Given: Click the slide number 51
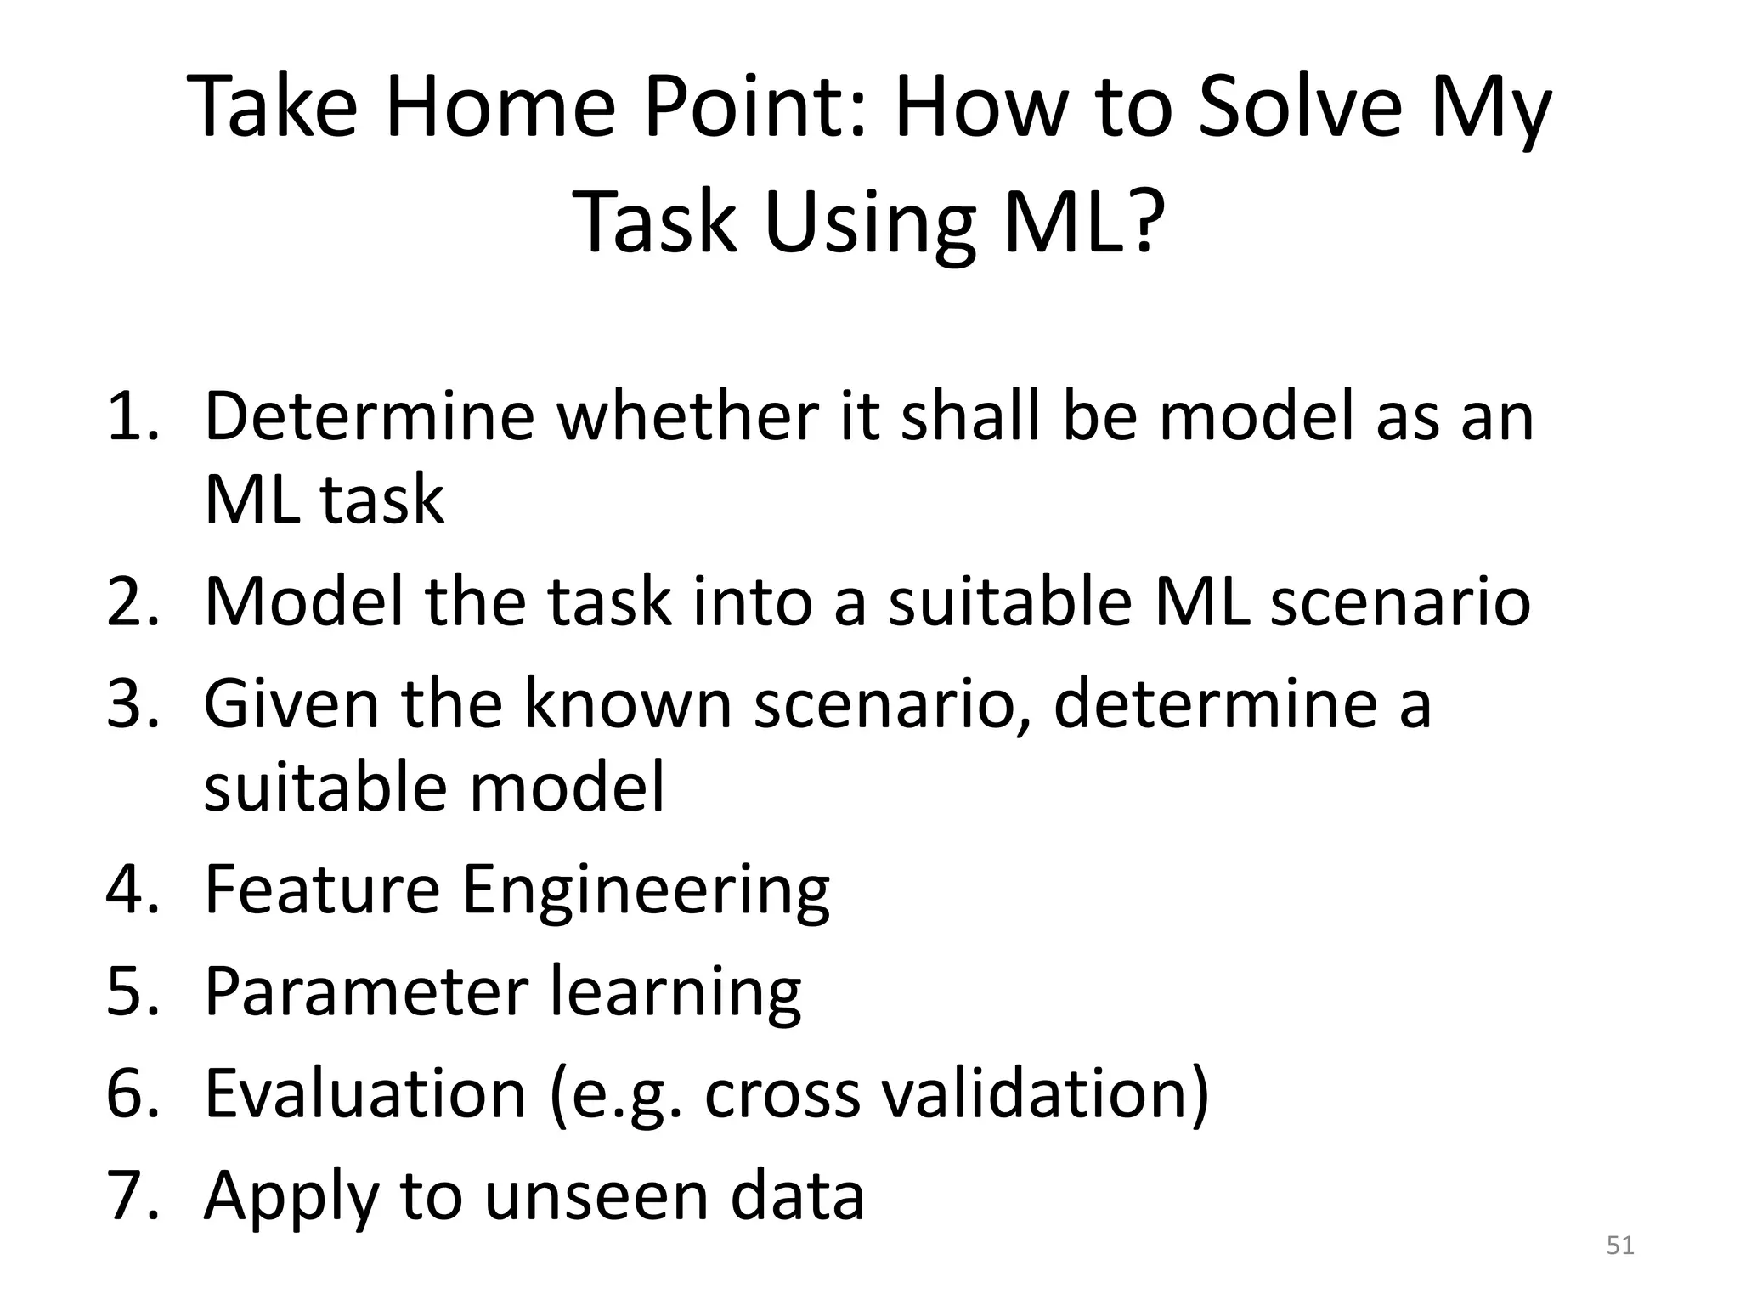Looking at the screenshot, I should click(x=1620, y=1246).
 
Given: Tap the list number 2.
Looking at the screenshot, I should click(x=133, y=602).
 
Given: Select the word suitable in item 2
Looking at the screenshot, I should click(x=1010, y=602).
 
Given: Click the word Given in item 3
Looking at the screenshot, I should click(x=290, y=703).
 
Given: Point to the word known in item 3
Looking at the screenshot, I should click(x=627, y=703).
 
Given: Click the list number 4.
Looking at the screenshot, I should click(x=133, y=890).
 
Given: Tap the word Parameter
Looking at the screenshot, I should click(x=366, y=991).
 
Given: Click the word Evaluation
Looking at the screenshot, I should click(x=366, y=1093).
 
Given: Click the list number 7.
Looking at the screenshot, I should click(x=133, y=1195).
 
